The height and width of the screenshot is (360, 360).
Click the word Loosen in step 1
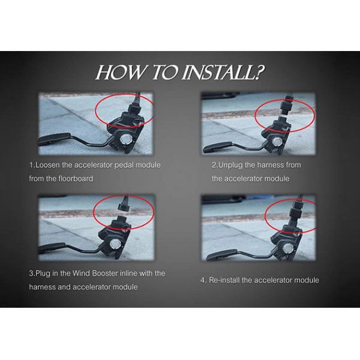point(47,165)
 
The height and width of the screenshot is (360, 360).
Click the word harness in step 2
point(270,165)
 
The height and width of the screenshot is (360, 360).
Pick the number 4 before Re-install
point(203,280)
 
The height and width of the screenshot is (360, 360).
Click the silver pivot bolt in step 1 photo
point(126,139)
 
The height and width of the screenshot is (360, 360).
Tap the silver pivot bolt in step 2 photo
point(277,142)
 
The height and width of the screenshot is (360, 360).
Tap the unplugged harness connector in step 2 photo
point(286,104)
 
